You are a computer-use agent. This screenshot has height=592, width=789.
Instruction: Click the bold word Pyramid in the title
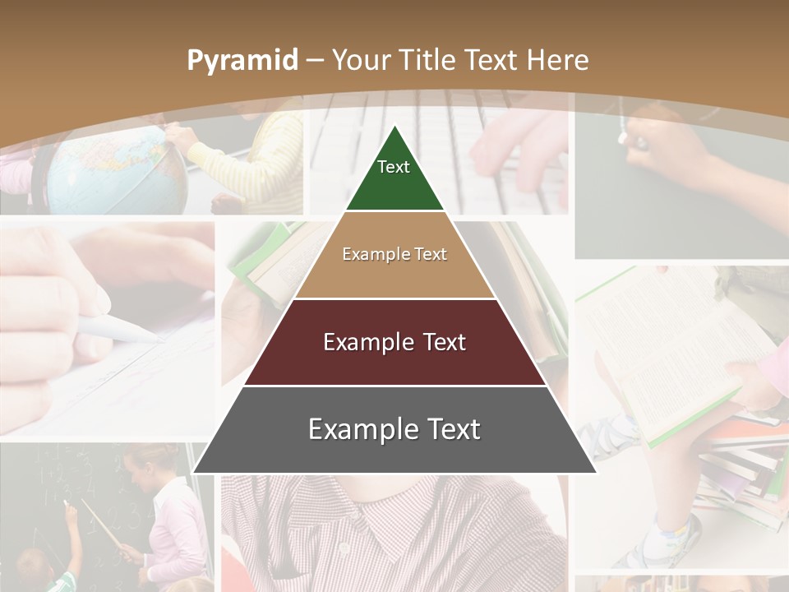pyautogui.click(x=242, y=60)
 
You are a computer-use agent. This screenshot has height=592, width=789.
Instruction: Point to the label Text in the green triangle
pyautogui.click(x=394, y=167)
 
